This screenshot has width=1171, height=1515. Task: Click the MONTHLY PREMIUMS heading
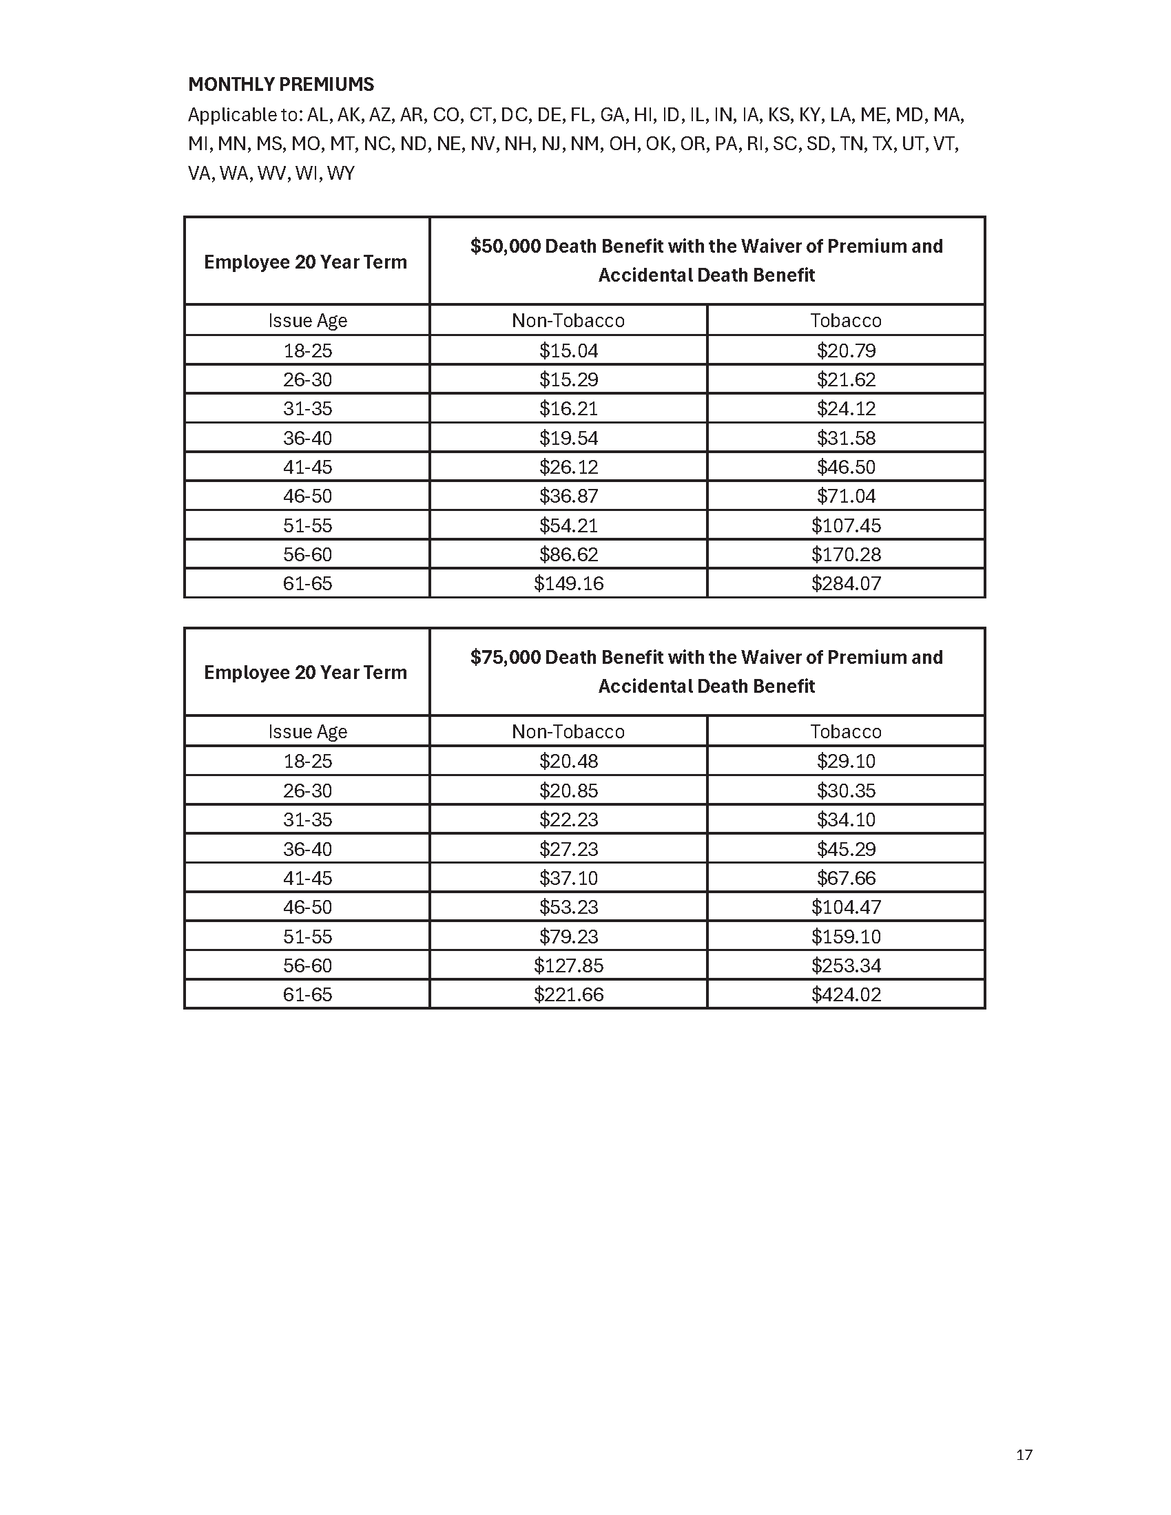[281, 85]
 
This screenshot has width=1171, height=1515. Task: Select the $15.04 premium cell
[568, 351]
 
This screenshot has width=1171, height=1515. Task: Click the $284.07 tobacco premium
[846, 583]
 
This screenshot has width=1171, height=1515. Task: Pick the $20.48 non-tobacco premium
[568, 761]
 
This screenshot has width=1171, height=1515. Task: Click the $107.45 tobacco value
[846, 525]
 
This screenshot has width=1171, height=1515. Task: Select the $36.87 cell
[568, 496]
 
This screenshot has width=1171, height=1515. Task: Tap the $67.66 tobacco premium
[846, 877]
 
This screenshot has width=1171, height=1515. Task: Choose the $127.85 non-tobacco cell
[568, 965]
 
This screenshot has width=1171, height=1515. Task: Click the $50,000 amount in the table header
[505, 247]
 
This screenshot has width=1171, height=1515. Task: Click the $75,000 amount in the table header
[505, 657]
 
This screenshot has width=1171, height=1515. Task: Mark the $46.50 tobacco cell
[846, 467]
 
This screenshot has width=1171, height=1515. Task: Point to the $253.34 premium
[846, 965]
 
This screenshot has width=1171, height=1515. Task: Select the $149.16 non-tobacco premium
[568, 583]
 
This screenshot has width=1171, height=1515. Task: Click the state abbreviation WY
[340, 174]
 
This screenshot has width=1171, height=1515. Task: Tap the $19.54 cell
[568, 438]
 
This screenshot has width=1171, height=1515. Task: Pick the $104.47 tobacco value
[846, 907]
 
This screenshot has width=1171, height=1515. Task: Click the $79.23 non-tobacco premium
[568, 936]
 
